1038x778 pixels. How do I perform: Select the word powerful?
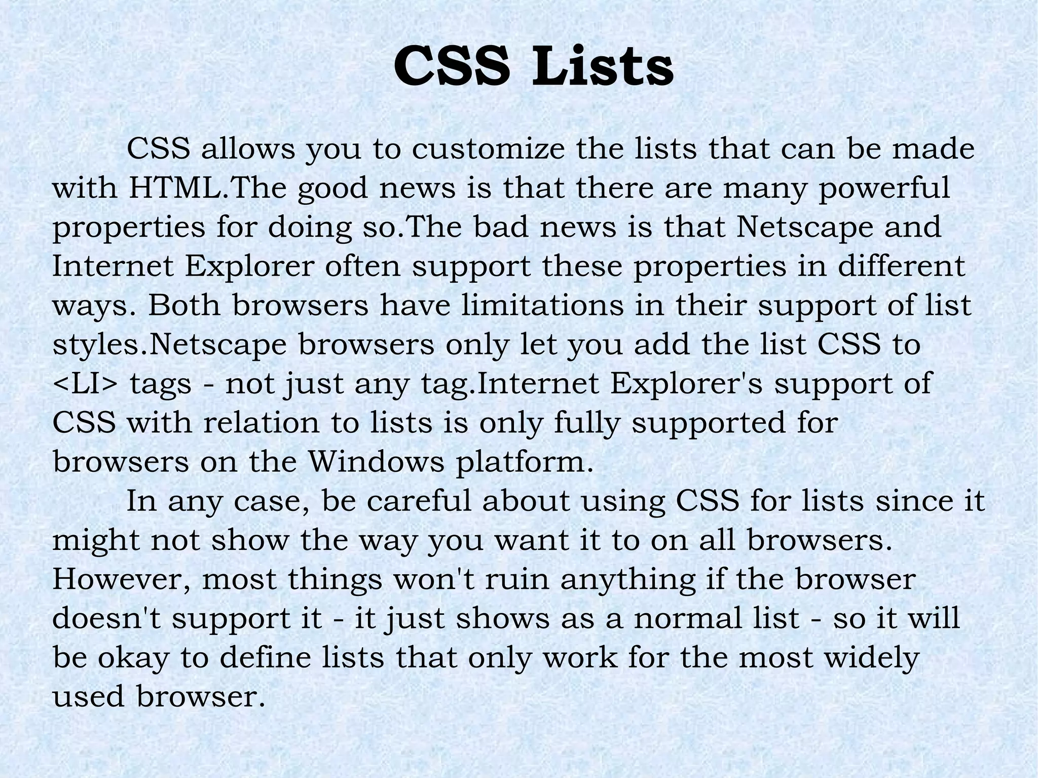(884, 188)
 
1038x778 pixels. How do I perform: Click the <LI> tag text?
(85, 384)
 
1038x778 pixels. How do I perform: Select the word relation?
(262, 423)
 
